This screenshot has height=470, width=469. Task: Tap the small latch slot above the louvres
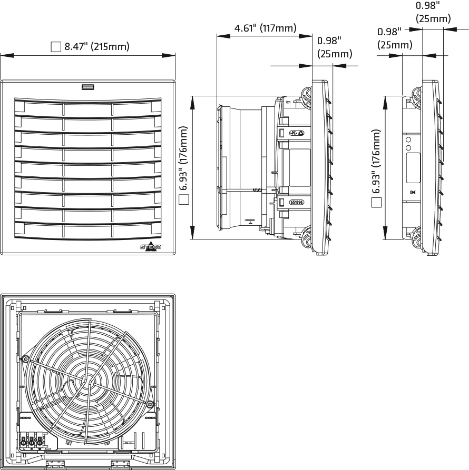pos(87,87)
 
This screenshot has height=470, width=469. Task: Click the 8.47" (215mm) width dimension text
pos(96,47)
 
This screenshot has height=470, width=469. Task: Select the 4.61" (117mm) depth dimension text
pos(265,28)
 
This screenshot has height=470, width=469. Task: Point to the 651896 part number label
pos(297,202)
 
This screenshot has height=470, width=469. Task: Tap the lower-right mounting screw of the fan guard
pos(150,404)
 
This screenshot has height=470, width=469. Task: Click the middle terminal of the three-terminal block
pos(31,442)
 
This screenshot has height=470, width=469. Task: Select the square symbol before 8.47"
pos(55,47)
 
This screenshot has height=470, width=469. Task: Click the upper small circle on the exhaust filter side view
pos(408,140)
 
